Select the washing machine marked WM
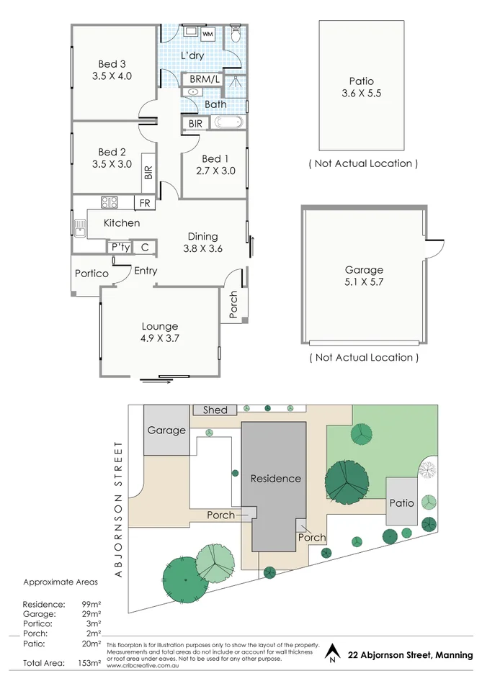point(207,34)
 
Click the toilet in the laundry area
point(236,35)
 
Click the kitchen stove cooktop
point(110,202)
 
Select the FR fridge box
point(145,203)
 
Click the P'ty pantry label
point(119,248)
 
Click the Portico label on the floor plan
point(92,274)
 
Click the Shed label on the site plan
point(215,410)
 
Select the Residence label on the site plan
point(275,478)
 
